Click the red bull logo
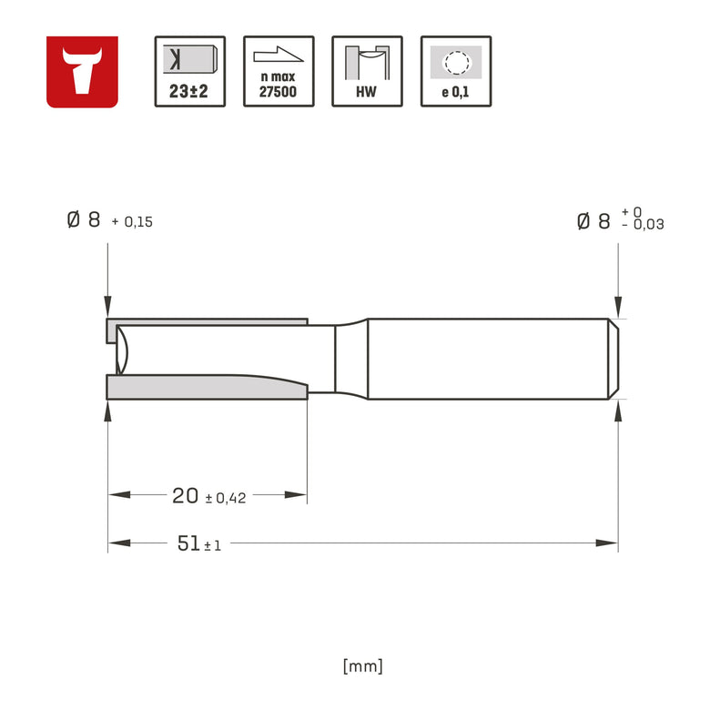(x=82, y=72)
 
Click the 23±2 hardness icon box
(x=189, y=72)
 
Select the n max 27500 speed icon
(x=279, y=72)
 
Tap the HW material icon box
(x=367, y=72)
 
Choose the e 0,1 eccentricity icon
(x=456, y=72)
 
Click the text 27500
(x=278, y=92)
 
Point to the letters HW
(x=366, y=92)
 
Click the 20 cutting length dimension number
(x=185, y=496)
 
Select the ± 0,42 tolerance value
(x=226, y=499)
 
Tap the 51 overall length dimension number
(x=188, y=543)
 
